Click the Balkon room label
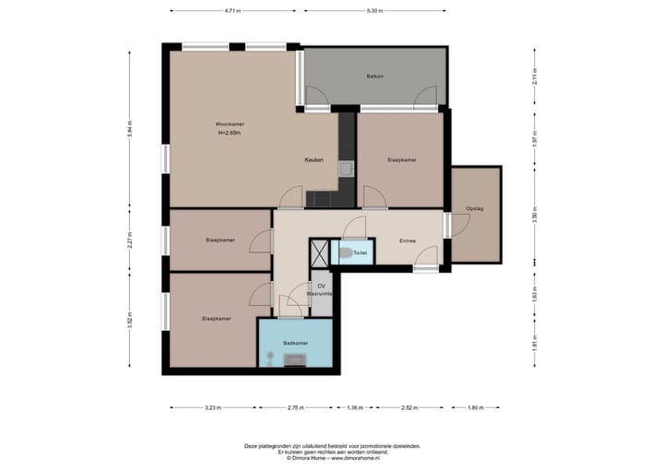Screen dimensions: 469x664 click(374, 76)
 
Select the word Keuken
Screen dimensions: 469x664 click(314, 159)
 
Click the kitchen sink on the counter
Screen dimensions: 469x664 click(345, 169)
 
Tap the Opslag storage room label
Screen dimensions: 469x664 click(475, 208)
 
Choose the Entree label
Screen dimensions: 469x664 click(407, 241)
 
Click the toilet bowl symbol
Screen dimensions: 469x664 click(346, 252)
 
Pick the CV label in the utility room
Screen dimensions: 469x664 click(321, 286)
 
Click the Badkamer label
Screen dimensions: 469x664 click(295, 343)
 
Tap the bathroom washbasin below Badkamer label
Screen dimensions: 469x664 click(295, 359)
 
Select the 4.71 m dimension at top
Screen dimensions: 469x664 click(232, 11)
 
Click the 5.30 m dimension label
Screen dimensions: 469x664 click(373, 11)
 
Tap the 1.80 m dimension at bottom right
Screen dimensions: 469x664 click(475, 407)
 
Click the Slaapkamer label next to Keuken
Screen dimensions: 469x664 click(401, 159)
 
